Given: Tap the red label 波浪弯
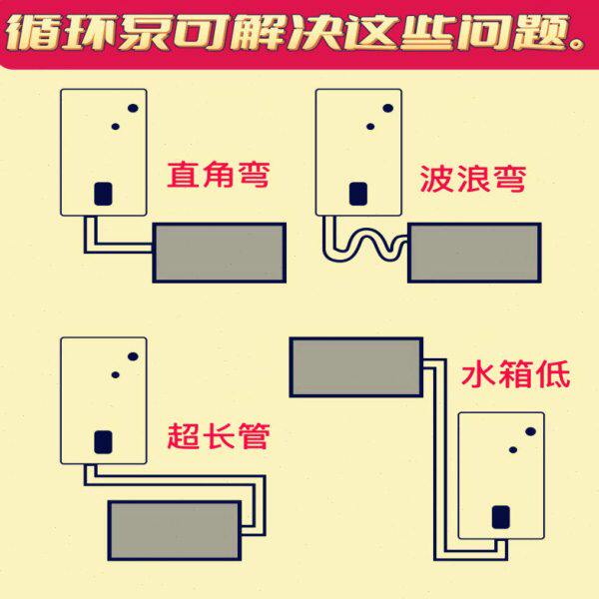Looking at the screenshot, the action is pos(472,181).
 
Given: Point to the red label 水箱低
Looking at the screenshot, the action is pos(514,374).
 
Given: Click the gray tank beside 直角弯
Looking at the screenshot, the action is pos(219,252).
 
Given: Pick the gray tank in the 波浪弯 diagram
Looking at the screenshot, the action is pos(474,253).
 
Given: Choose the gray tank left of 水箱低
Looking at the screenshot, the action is pos(355,365).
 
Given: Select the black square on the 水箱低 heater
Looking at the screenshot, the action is pos(501,516).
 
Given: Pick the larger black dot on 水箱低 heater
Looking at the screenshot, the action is pos(531,431).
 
